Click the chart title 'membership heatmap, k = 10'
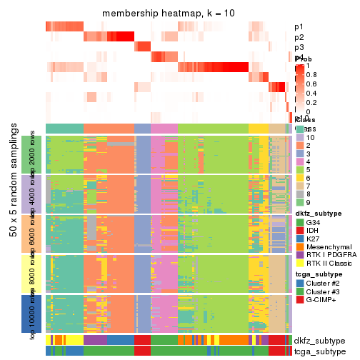(169, 14)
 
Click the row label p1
(299, 27)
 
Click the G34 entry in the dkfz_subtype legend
(315, 223)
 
